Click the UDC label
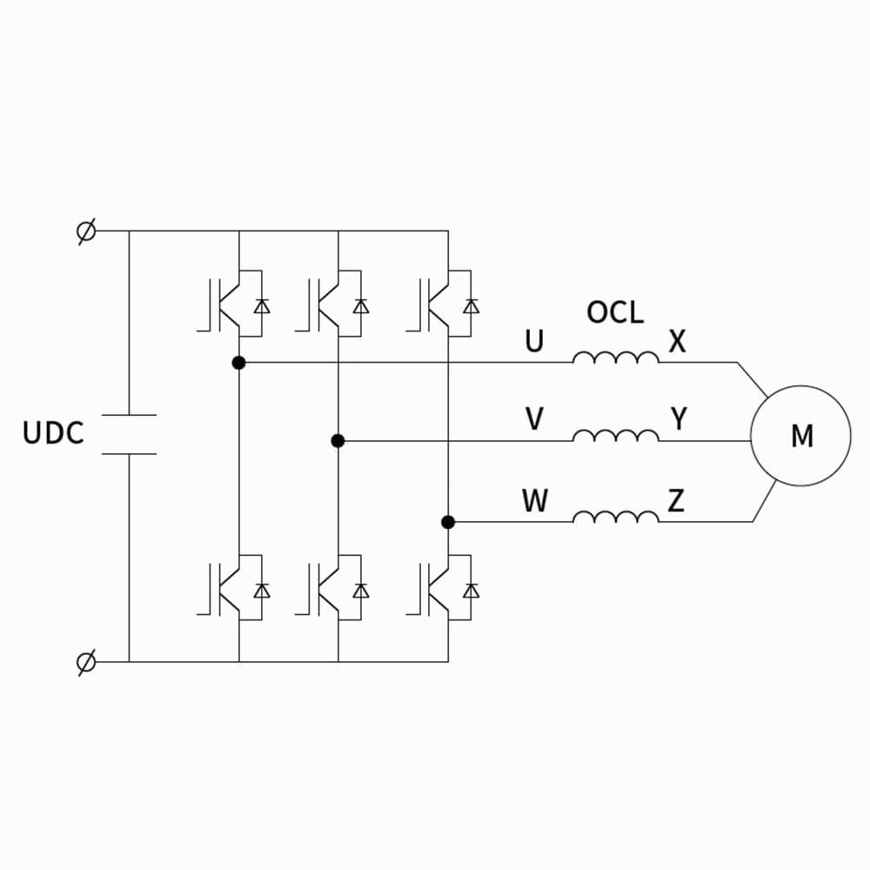[x=53, y=433]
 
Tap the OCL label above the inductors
[x=615, y=312]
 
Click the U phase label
[x=533, y=341]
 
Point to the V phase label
[x=534, y=420]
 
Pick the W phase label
[x=534, y=501]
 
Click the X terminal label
[x=677, y=341]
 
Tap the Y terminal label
[x=679, y=419]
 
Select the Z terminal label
[x=676, y=500]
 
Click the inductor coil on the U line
[x=615, y=358]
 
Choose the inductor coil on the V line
[x=615, y=436]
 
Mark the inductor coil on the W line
[x=615, y=518]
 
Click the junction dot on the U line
[x=239, y=362]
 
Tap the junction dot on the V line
[x=338, y=441]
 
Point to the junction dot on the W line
[x=448, y=522]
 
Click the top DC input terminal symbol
[x=86, y=232]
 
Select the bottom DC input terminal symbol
[x=86, y=662]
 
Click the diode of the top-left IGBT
[x=261, y=305]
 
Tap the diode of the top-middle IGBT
[x=360, y=305]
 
